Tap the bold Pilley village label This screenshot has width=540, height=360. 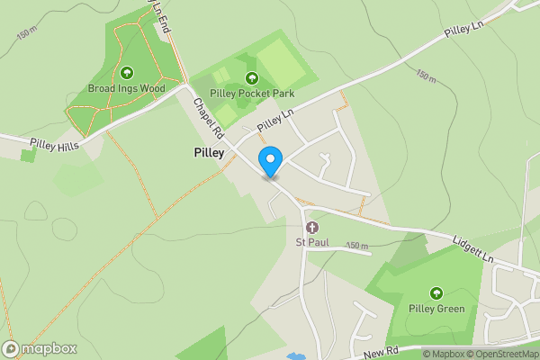click(x=209, y=153)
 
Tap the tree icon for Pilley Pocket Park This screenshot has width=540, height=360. click(x=252, y=77)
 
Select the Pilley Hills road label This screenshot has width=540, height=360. click(x=55, y=145)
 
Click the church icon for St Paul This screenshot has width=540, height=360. click(x=312, y=227)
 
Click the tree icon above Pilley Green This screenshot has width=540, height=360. click(x=436, y=292)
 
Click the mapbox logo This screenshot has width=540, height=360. click(x=39, y=348)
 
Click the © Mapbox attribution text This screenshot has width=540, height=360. click(x=443, y=354)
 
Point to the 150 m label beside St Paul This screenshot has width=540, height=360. click(x=357, y=247)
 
